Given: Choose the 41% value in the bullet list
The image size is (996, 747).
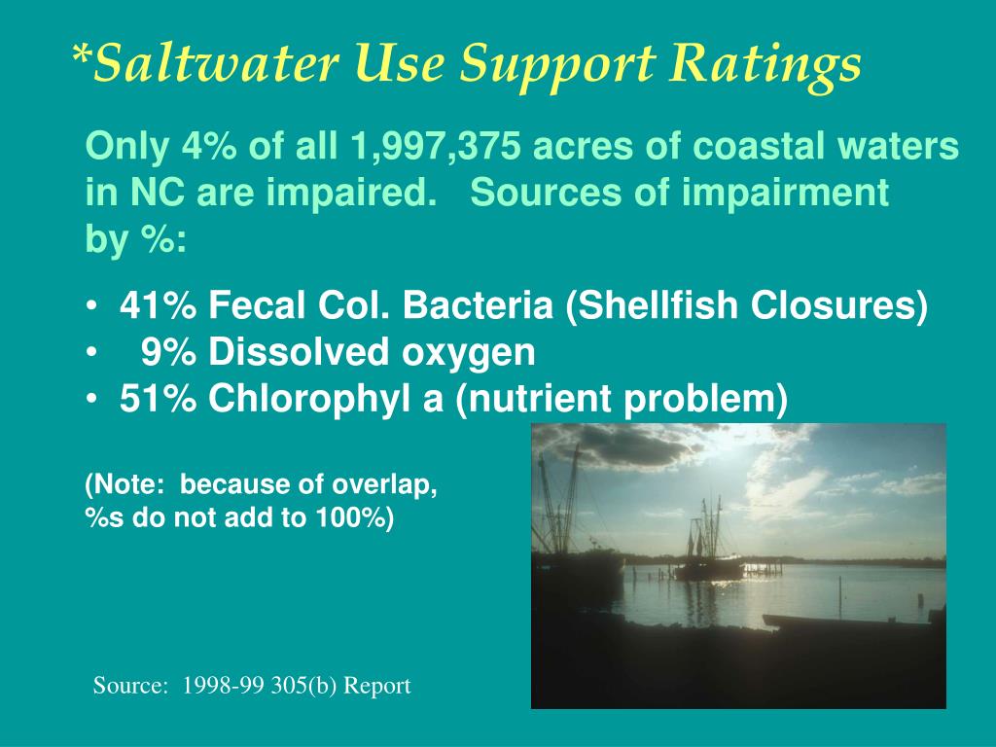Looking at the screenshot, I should tap(157, 306).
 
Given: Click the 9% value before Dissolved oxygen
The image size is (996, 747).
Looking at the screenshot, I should tap(169, 352).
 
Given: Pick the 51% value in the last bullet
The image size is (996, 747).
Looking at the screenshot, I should tap(157, 399).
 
